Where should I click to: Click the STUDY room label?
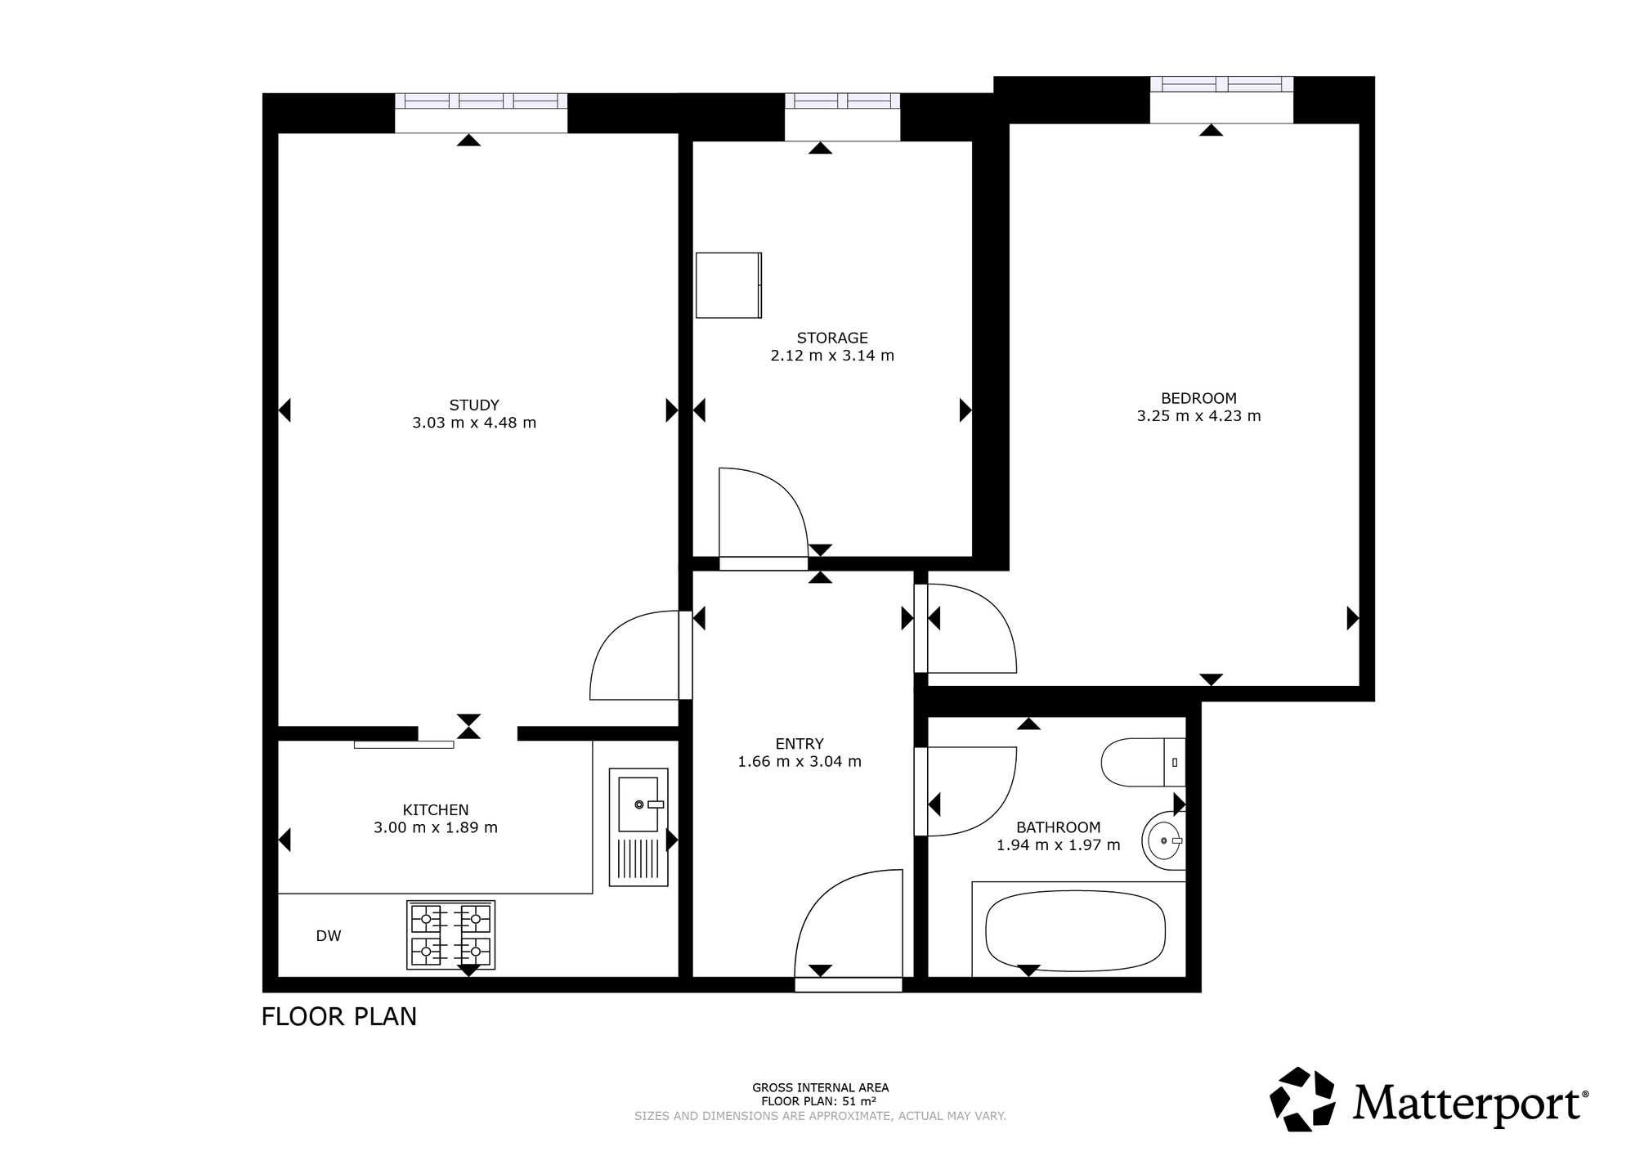[474, 405]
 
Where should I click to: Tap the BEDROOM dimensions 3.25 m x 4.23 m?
[1198, 416]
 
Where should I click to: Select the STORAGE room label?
[832, 338]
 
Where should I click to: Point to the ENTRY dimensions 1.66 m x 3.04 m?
[800, 762]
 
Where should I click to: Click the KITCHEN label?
[436, 810]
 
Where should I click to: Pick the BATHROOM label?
[1059, 827]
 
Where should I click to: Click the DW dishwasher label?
[329, 936]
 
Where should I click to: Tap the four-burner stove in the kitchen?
[451, 935]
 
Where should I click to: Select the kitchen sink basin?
[638, 804]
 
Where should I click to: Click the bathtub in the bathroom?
[1076, 930]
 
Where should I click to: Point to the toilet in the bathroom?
[1143, 762]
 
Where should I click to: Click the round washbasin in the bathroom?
[1163, 840]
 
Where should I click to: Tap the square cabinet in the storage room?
[729, 285]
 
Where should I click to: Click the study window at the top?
[481, 101]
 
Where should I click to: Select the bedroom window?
[1221, 84]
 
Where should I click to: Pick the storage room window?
[842, 101]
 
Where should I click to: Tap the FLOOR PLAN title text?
[339, 1016]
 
